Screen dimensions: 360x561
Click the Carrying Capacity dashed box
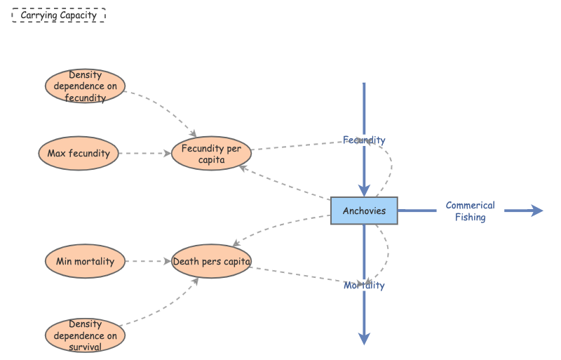pos(59,15)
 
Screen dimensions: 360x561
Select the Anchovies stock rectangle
pos(364,211)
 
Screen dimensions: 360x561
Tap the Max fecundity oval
pos(79,153)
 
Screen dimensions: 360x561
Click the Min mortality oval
pos(85,261)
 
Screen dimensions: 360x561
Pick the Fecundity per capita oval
pos(211,154)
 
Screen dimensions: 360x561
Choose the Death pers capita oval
pos(211,261)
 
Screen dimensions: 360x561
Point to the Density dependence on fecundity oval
pos(85,86)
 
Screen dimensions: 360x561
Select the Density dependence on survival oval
pos(85,335)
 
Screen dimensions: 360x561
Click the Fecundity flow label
pos(364,140)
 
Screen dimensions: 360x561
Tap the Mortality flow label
pos(364,286)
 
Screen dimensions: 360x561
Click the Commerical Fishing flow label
pos(470,211)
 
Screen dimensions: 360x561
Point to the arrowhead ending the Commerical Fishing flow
pos(536,211)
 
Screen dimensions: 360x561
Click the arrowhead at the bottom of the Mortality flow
pos(364,338)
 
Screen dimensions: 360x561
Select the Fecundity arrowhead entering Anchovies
pos(364,190)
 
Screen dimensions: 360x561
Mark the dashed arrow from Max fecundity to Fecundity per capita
pos(146,153)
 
